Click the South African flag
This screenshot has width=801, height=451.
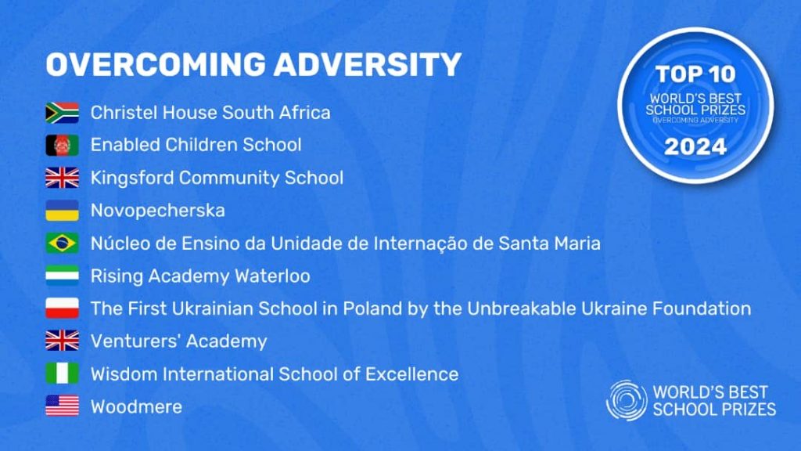pyautogui.click(x=63, y=113)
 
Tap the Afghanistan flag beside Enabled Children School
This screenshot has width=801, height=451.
pyautogui.click(x=63, y=146)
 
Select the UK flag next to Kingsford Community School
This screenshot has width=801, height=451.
pyautogui.click(x=63, y=178)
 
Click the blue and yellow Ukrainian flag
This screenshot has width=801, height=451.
pyautogui.click(x=63, y=211)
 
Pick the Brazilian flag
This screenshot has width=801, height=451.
pyautogui.click(x=63, y=244)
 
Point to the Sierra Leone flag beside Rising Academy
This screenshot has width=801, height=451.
pyautogui.click(x=63, y=276)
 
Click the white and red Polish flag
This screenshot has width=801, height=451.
pyautogui.click(x=63, y=308)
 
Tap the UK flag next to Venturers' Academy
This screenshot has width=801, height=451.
pyautogui.click(x=63, y=341)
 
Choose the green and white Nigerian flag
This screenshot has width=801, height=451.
pyautogui.click(x=63, y=373)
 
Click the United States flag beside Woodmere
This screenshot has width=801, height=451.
pyautogui.click(x=63, y=406)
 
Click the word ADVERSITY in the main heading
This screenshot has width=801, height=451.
pyautogui.click(x=368, y=64)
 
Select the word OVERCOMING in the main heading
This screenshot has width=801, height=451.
pyautogui.click(x=156, y=64)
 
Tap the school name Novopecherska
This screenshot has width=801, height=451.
pyautogui.click(x=158, y=211)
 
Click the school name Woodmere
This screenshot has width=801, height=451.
pyautogui.click(x=136, y=407)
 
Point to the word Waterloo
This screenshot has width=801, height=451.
pyautogui.click(x=272, y=276)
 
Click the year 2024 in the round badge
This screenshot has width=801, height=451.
pyautogui.click(x=695, y=147)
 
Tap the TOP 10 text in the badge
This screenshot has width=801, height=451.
pyautogui.click(x=695, y=74)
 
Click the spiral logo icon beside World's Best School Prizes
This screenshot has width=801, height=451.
pyautogui.click(x=627, y=400)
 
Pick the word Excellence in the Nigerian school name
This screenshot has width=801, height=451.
pyautogui.click(x=411, y=374)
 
